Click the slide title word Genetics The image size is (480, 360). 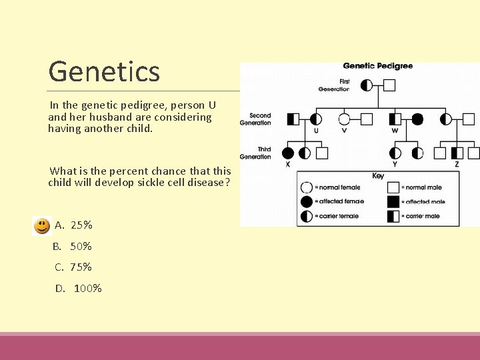(104, 71)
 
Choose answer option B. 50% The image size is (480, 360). (73, 247)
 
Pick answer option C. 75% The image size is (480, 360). (73, 267)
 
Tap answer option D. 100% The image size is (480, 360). (78, 289)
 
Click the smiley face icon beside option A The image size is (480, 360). (42, 226)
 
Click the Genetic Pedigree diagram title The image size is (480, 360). (377, 66)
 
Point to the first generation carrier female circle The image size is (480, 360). (366, 85)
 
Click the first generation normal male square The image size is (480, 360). (389, 85)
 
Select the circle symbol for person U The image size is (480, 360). (316, 119)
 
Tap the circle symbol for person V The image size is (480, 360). (344, 119)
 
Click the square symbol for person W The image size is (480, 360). (395, 119)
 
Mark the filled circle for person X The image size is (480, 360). (288, 153)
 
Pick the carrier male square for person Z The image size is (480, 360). (457, 153)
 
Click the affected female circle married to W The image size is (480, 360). (417, 119)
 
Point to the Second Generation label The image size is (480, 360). (255, 119)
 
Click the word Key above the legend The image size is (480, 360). (378, 176)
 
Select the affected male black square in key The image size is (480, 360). (393, 201)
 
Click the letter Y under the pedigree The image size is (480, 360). (395, 165)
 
